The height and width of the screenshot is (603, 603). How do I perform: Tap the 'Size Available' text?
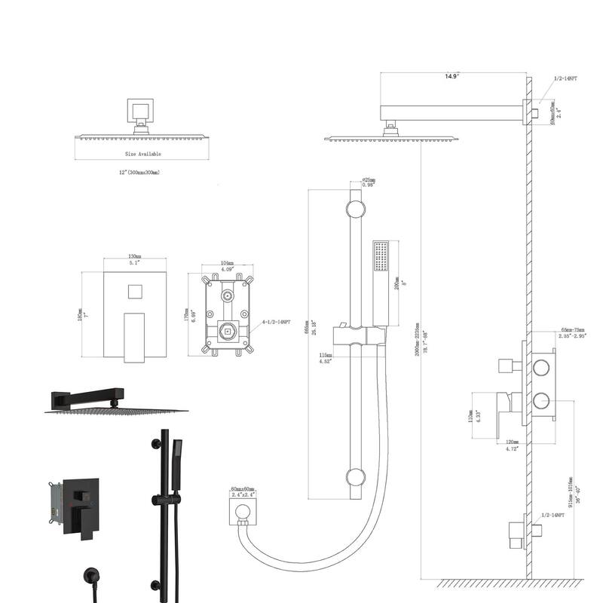click(x=142, y=154)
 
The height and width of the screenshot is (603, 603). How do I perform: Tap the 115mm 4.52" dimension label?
click(x=326, y=359)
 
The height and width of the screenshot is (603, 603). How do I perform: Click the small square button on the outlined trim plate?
click(x=136, y=292)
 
